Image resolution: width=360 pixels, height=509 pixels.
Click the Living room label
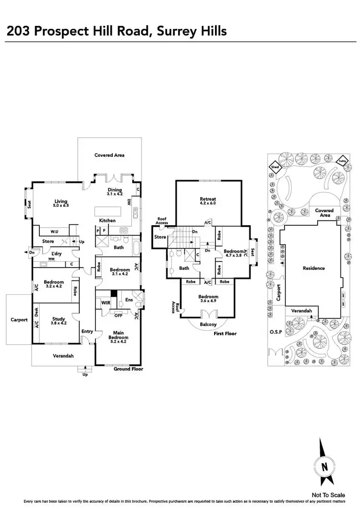[x=60, y=201]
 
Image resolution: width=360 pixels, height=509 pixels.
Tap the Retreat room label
[x=208, y=199]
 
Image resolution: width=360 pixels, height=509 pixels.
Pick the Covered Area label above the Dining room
[x=109, y=155]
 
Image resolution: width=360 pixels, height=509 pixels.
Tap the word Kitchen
[x=107, y=220]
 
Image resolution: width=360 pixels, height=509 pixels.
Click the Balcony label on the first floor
[x=209, y=325]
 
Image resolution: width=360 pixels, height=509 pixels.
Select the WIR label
[x=106, y=303]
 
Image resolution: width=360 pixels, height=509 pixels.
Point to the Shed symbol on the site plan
[x=275, y=167]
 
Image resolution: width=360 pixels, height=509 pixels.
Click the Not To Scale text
[x=328, y=495]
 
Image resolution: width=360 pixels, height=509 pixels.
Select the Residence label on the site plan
[x=314, y=268]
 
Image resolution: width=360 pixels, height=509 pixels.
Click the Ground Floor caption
[x=128, y=369]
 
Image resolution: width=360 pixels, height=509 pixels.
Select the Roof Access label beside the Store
[x=161, y=221]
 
